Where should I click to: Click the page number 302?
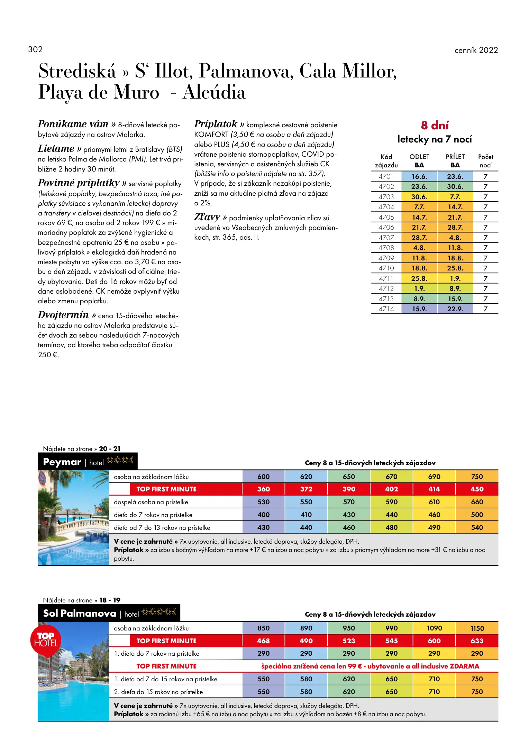click(35, 49)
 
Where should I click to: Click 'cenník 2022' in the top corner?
click(476, 50)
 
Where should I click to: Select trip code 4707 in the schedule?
click(386, 238)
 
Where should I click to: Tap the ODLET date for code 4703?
click(419, 197)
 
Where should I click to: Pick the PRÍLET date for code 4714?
click(455, 309)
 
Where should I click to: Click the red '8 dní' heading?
click(435, 125)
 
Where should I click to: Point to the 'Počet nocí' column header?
click(485, 161)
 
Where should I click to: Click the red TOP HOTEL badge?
click(46, 640)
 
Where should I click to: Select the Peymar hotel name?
click(62, 462)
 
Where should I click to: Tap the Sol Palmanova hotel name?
click(79, 614)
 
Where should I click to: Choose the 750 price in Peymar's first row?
click(477, 477)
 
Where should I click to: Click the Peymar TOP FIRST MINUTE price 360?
click(263, 489)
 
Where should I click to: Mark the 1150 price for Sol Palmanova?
click(477, 628)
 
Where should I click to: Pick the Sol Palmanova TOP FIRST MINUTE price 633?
click(477, 641)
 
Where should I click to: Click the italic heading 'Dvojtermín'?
click(63, 315)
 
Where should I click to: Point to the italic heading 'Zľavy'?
click(207, 217)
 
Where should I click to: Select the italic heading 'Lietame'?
click(56, 149)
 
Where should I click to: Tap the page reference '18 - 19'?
click(110, 600)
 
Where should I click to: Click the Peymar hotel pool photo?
click(73, 518)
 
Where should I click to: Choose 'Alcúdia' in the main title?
click(214, 92)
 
